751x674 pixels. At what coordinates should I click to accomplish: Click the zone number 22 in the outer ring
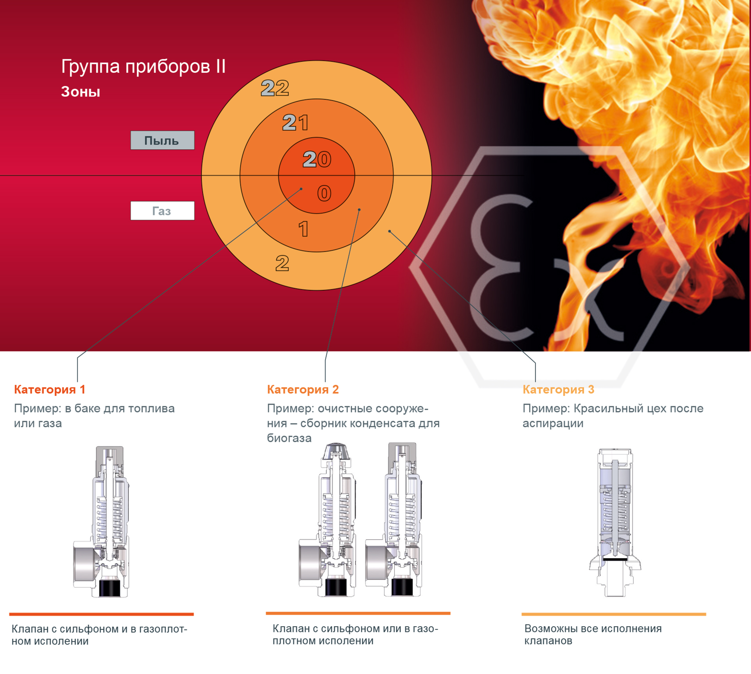click(275, 88)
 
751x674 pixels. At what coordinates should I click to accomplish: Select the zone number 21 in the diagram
click(295, 123)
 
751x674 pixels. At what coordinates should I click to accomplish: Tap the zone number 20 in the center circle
click(317, 159)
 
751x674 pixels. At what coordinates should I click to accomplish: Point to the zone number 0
click(324, 193)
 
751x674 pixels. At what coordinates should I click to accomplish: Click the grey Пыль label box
click(162, 140)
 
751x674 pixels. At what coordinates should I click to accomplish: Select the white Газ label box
click(162, 211)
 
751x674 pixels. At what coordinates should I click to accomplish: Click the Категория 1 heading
click(50, 390)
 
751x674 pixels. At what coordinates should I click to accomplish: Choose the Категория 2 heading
click(303, 390)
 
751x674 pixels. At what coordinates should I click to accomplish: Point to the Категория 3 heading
click(558, 390)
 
